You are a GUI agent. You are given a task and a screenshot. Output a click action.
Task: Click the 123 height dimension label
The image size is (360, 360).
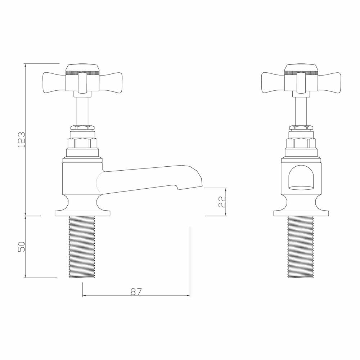21,139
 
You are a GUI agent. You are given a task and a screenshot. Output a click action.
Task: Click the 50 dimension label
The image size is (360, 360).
21,247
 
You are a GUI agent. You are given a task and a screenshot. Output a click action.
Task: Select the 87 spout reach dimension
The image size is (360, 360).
136,291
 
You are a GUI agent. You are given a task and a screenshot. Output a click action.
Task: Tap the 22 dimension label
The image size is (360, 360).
222,202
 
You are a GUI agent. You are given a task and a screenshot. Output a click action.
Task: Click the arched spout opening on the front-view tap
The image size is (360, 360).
301,178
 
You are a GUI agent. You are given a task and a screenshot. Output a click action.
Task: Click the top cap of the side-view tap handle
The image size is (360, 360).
82,68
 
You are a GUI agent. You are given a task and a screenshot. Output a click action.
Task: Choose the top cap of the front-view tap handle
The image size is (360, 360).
301,68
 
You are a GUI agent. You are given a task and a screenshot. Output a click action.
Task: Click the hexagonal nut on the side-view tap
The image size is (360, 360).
82,143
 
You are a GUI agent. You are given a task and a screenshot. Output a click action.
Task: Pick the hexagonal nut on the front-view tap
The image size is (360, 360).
301,143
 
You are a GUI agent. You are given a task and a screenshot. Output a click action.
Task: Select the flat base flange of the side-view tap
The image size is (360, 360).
82,213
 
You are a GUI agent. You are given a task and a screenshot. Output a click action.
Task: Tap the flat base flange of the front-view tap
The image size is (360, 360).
301,213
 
